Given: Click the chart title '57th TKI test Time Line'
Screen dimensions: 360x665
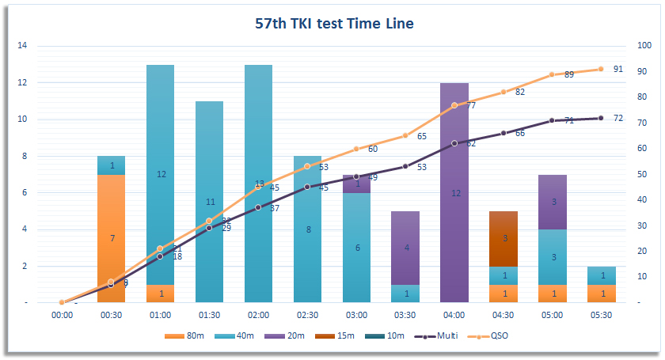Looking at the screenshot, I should [334, 23].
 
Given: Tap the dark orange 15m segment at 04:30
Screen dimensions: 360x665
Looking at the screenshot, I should [503, 238].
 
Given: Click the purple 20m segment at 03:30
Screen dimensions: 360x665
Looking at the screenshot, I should [405, 248].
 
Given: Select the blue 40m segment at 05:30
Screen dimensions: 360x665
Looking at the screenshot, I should [602, 275].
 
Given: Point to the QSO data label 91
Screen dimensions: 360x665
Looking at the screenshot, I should [618, 69].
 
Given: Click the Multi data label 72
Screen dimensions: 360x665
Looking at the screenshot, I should [618, 118].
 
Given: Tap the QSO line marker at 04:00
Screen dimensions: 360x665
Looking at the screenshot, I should [454, 105].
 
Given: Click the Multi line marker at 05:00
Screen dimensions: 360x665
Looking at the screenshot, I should [553, 121].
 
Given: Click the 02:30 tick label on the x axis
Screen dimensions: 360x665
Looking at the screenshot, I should [307, 315].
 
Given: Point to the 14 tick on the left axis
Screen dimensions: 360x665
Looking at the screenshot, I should [22, 46].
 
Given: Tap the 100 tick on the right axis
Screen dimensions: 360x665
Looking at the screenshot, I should [644, 46].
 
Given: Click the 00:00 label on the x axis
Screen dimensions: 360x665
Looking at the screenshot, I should [63, 315].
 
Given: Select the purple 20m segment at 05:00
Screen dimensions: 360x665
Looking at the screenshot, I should [553, 202].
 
